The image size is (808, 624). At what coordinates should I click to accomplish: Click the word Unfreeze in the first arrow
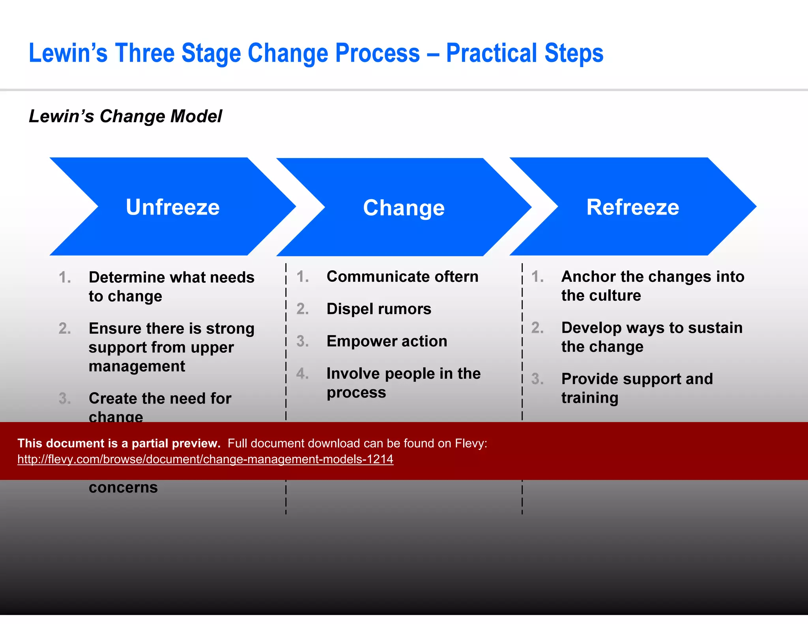(x=172, y=207)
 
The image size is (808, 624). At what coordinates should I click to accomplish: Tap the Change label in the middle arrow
(x=404, y=208)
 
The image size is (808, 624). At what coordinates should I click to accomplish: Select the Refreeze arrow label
(x=632, y=207)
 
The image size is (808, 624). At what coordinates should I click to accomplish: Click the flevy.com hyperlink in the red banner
(x=205, y=459)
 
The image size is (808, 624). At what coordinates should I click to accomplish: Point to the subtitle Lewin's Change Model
(x=125, y=116)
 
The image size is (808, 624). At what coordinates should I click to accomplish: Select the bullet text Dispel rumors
(x=379, y=309)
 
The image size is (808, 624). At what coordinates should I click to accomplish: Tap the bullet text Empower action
(x=387, y=341)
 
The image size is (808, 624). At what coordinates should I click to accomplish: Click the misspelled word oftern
(x=456, y=277)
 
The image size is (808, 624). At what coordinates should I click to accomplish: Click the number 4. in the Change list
(x=303, y=374)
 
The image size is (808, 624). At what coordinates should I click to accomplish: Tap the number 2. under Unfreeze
(x=65, y=329)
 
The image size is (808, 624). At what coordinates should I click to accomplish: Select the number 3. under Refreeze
(x=537, y=379)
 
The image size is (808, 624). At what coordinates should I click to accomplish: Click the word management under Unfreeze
(x=137, y=366)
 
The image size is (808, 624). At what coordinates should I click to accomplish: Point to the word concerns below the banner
(x=123, y=488)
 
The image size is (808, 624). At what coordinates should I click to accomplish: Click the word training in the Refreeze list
(x=589, y=398)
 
